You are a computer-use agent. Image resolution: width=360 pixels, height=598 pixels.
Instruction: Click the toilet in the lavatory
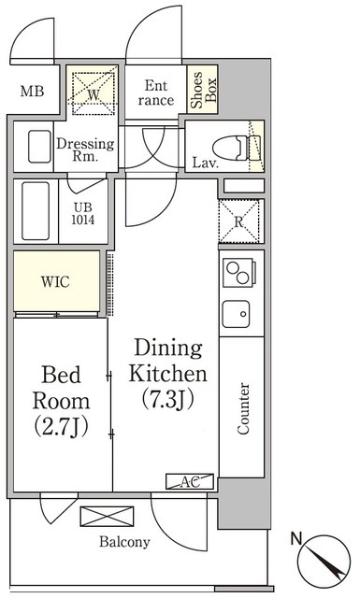[x=237, y=148]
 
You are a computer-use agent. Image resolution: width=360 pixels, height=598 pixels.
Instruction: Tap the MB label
[x=32, y=92]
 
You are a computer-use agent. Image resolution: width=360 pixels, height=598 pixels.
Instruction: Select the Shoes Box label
[x=203, y=90]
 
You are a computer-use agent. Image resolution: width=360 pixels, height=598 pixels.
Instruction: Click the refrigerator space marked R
[x=239, y=221]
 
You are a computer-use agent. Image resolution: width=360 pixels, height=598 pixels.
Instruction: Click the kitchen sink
[x=237, y=314]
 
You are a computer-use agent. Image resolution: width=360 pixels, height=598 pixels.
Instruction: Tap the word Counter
[x=243, y=408]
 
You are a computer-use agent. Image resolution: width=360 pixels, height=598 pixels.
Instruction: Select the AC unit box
[x=190, y=482]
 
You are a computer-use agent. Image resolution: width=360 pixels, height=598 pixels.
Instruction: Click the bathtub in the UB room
[x=36, y=211]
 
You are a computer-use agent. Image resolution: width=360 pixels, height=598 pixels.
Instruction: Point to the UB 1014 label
[x=83, y=214]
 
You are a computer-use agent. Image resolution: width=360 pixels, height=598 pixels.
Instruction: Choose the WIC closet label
[x=55, y=282]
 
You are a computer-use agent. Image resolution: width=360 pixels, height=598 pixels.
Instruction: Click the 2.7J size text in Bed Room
[x=61, y=427]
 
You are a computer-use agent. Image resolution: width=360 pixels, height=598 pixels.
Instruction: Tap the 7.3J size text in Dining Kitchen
[x=168, y=399]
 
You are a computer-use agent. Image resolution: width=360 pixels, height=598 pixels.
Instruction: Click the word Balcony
[x=124, y=542]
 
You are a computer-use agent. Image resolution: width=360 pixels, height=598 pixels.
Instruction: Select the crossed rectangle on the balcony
[x=107, y=517]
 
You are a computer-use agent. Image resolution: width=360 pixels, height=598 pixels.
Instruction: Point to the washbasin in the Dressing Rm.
[x=39, y=147]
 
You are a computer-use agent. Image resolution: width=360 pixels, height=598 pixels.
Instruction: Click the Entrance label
[x=156, y=93]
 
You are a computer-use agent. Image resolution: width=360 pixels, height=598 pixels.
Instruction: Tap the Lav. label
[x=206, y=164]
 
